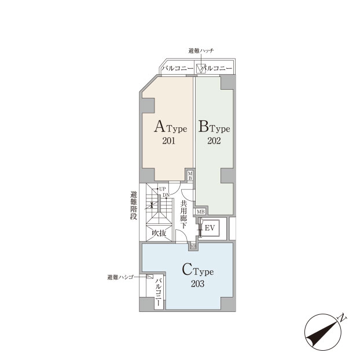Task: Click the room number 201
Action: tap(169, 141)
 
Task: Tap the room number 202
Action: tap(214, 141)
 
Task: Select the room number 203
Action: tap(197, 284)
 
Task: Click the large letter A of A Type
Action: tap(160, 127)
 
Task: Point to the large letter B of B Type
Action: tap(203, 127)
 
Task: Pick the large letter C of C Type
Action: tap(187, 270)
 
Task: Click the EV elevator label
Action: tap(210, 228)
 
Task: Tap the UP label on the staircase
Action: tap(162, 189)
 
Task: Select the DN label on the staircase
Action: tap(166, 195)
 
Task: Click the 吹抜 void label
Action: tap(159, 233)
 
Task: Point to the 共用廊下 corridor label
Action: tap(183, 215)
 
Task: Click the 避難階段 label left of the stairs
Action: tap(134, 205)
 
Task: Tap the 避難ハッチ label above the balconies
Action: tap(201, 50)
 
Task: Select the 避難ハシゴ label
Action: tap(120, 277)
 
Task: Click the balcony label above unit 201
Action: tap(177, 68)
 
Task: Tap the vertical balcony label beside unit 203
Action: tap(158, 292)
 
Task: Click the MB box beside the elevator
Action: tap(200, 211)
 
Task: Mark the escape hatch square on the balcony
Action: tap(201, 69)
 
